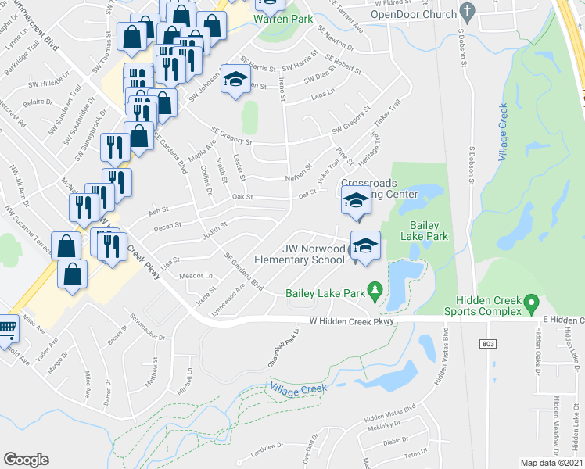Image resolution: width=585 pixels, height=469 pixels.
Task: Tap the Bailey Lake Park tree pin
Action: pos(375,292)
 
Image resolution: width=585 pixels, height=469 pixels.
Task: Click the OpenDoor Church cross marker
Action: pos(468,12)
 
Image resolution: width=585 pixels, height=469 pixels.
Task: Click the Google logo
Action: pos(26,459)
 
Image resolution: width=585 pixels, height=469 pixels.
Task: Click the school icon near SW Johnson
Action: pos(235,80)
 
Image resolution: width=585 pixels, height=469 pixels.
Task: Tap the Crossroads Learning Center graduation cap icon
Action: pos(356,200)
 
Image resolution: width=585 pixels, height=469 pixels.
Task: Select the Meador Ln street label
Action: pos(196,276)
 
